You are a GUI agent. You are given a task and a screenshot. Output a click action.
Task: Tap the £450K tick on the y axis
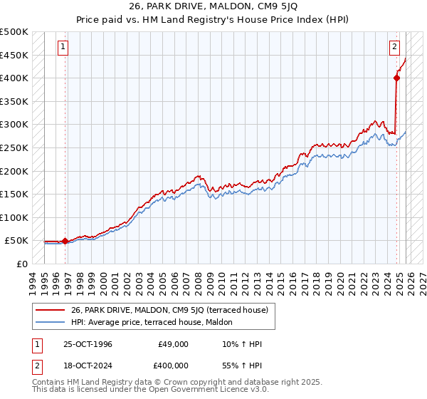click(14, 55)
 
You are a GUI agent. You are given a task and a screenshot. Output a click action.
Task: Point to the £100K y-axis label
click(14, 217)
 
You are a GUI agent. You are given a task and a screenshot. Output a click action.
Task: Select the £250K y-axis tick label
click(14, 147)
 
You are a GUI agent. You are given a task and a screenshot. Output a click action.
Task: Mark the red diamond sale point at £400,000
click(396, 78)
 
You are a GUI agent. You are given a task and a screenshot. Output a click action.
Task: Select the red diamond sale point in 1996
click(65, 241)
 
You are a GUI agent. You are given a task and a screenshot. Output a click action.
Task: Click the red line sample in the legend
click(51, 310)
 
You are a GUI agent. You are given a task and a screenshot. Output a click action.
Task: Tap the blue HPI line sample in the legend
click(51, 321)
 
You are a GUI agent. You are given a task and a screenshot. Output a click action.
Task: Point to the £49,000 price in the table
click(174, 344)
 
